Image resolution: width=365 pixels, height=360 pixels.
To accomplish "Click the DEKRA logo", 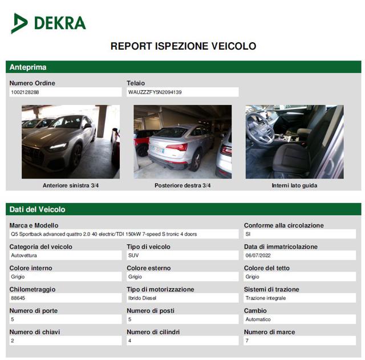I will tap(48, 23).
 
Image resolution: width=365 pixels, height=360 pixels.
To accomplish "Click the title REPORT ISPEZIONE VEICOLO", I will tap(183, 46).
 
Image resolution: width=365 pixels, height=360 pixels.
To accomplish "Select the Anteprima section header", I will tap(28, 67).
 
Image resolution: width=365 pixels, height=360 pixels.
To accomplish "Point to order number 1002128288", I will tap(25, 92).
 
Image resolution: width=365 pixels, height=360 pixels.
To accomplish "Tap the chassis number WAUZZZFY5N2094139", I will tap(155, 92).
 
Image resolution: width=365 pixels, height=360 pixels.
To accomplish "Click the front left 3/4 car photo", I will tap(71, 141).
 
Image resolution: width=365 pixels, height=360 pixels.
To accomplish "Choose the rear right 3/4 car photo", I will tap(182, 141).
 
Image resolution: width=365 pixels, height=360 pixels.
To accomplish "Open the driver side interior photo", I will tap(294, 141).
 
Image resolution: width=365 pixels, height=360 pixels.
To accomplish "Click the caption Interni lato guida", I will tap(294, 185).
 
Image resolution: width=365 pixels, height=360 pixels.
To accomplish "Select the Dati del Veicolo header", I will tap(38, 209).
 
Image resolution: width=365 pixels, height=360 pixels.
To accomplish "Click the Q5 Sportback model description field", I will tap(104, 234).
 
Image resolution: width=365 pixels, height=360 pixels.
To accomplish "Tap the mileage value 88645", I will tap(18, 298).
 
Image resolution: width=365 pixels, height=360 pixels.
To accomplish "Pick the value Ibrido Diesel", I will tap(143, 298).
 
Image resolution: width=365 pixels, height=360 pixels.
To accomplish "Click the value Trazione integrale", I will tap(266, 298).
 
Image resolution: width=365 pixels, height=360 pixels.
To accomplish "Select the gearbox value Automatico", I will tap(258, 319).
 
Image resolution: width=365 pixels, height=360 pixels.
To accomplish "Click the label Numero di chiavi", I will tap(35, 331).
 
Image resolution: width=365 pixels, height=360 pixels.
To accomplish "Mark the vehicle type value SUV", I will tap(133, 255).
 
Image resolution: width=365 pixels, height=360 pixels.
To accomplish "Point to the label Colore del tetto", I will tap(267, 268).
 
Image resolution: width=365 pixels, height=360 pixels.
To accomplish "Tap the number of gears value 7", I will tap(247, 341).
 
